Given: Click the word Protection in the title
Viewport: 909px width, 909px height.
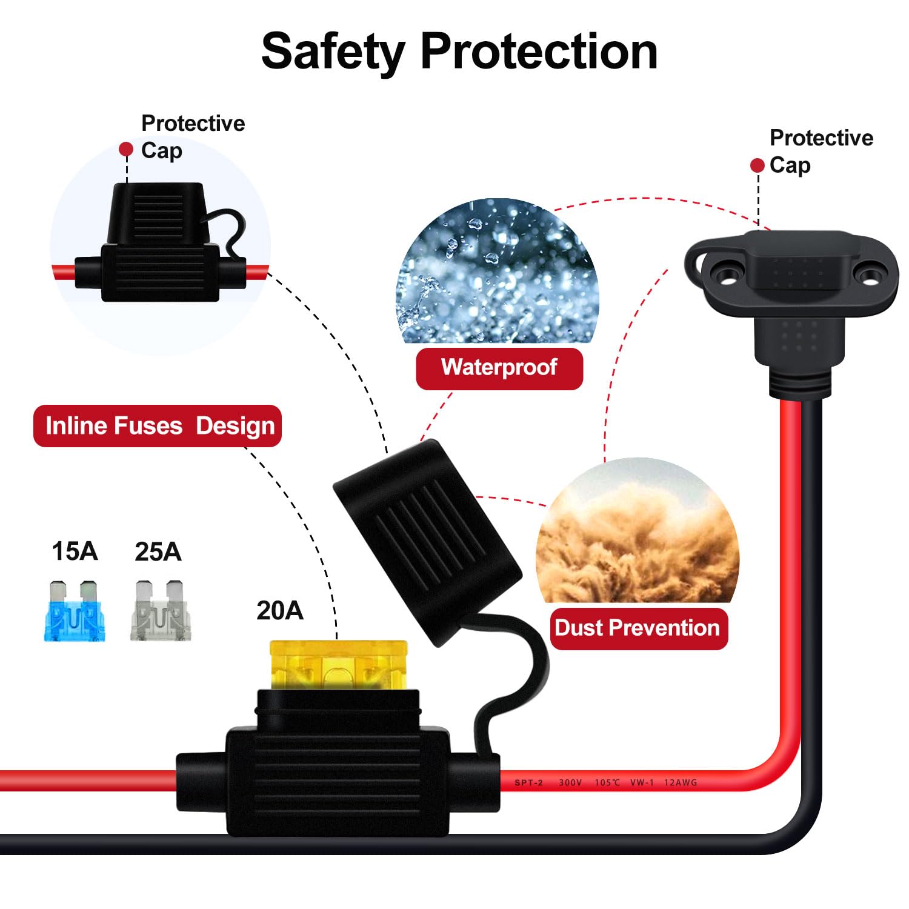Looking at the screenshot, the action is (x=539, y=52).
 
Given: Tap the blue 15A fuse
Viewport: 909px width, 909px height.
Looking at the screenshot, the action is (x=75, y=611).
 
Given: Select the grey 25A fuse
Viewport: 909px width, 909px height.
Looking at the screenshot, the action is (x=160, y=611).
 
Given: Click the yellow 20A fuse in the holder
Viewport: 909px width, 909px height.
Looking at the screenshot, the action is (x=338, y=665).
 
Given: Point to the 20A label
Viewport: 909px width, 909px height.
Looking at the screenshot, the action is (x=279, y=610).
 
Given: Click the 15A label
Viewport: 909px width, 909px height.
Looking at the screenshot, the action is (x=75, y=551).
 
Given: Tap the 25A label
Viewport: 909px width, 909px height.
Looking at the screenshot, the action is (x=158, y=552).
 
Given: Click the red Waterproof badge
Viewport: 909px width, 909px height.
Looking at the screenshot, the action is (x=499, y=368).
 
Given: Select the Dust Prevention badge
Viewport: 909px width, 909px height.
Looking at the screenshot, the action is (x=638, y=628).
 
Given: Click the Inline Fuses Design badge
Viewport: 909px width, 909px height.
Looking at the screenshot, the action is (x=158, y=426).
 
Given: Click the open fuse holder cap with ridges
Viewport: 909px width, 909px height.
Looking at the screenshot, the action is (x=427, y=539).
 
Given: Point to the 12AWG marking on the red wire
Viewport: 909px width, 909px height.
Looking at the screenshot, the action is (x=681, y=782).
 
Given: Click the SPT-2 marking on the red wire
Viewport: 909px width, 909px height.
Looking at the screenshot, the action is (x=528, y=782).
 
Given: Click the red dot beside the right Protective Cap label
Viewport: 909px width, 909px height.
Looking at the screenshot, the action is (x=757, y=165).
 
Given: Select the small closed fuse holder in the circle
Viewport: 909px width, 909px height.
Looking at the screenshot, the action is (x=161, y=242).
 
